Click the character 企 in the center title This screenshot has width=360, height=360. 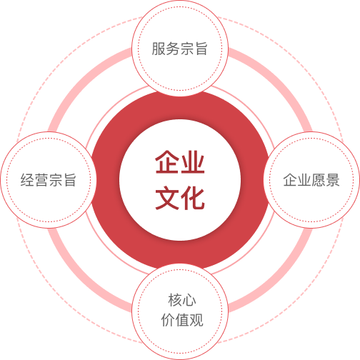click(x=168, y=161)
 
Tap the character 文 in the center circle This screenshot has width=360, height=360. click(x=168, y=198)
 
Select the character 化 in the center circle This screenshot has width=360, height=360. click(x=192, y=198)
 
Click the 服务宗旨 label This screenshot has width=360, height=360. click(x=180, y=49)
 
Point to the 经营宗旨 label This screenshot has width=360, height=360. click(x=49, y=180)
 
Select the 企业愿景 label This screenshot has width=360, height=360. click(x=311, y=180)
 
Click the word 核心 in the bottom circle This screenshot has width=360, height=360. click(x=182, y=300)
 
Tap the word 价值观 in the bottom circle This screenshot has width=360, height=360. click(x=182, y=320)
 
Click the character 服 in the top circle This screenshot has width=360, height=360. click(x=159, y=49)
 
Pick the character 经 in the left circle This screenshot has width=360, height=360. click(x=27, y=180)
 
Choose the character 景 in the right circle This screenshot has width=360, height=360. click(x=333, y=180)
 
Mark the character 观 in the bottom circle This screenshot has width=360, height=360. click(x=196, y=320)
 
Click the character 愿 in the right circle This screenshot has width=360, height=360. click(x=319, y=180)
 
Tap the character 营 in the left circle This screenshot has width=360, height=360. click(x=41, y=180)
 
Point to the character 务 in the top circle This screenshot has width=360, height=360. click(x=173, y=49)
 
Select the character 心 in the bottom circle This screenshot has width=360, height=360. click(x=189, y=300)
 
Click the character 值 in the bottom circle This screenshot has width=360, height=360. click(x=182, y=320)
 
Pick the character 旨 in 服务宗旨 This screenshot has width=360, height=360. click(x=201, y=49)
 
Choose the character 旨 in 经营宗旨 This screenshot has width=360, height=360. click(x=69, y=180)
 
